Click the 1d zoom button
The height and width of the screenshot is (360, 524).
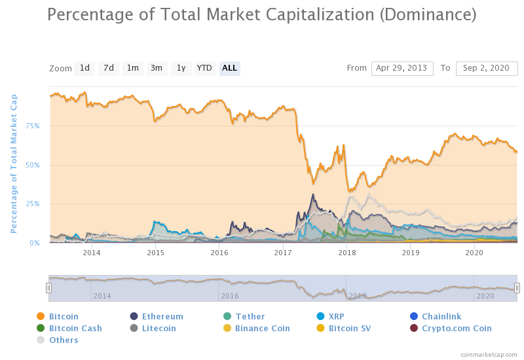[84, 68]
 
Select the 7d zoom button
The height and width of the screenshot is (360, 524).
[109, 68]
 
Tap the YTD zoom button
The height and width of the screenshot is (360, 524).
[204, 68]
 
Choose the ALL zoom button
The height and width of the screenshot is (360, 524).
[229, 68]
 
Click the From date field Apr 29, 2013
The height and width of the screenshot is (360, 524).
[402, 68]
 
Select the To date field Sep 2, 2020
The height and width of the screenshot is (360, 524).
[486, 68]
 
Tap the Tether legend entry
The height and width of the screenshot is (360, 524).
[250, 317]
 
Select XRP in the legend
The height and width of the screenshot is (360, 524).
[336, 317]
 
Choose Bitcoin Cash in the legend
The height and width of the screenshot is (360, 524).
[75, 329]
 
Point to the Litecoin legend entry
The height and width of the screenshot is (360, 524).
[159, 329]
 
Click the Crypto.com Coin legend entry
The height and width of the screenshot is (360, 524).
[457, 329]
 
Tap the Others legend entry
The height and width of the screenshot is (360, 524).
[64, 340]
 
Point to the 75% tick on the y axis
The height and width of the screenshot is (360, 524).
[32, 126]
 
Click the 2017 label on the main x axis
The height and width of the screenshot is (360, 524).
[283, 252]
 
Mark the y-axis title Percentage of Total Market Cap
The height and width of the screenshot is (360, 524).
[14, 164]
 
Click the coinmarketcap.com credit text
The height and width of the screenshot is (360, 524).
[489, 354]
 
